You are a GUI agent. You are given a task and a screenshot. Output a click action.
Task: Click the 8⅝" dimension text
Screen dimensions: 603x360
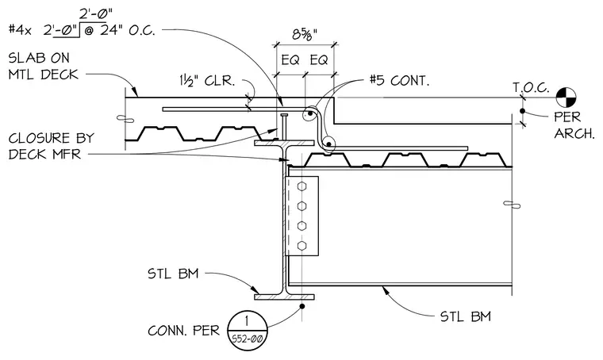pos(305,35)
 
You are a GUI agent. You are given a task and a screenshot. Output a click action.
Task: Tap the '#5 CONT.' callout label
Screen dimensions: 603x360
pos(399,81)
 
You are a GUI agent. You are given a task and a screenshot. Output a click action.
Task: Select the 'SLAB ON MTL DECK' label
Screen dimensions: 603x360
pos(44,66)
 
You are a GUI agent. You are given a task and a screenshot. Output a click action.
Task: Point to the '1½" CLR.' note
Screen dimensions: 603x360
pos(206,81)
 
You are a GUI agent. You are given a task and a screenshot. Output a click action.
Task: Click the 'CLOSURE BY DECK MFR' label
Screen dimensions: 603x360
pos(51,147)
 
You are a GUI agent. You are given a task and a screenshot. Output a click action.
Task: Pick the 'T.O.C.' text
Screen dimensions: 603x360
pos(531,88)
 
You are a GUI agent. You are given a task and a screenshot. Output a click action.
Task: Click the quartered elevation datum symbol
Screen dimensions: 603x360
pos(566,98)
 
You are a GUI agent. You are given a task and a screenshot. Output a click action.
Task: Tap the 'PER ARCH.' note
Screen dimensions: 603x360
pos(574,124)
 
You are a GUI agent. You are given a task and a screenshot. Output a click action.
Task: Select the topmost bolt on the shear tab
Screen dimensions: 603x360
pos(301,186)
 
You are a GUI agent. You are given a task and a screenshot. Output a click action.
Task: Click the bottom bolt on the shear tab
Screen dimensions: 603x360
pos(301,245)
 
